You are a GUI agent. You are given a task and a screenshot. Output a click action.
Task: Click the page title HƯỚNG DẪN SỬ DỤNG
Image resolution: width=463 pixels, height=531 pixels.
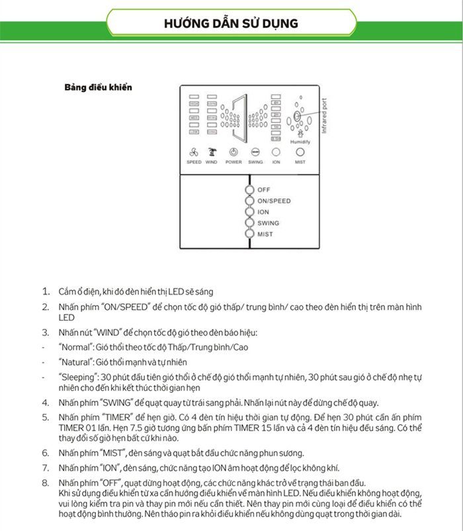pyautogui.click(x=231, y=23)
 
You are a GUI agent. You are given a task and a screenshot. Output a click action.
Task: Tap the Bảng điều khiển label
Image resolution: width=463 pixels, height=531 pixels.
pyautogui.click(x=98, y=87)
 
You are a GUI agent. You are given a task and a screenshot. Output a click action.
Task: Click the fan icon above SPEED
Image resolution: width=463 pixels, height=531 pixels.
pyautogui.click(x=193, y=151)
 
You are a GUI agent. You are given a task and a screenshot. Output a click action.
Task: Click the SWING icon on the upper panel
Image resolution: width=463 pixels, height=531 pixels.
pyautogui.click(x=255, y=151)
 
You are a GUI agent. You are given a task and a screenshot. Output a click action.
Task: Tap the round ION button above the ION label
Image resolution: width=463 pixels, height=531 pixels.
pyautogui.click(x=276, y=151)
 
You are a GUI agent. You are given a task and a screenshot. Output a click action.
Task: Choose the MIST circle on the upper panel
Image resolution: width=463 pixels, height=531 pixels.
pyautogui.click(x=300, y=151)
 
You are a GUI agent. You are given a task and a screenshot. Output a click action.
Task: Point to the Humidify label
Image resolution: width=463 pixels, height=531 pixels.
pyautogui.click(x=300, y=140)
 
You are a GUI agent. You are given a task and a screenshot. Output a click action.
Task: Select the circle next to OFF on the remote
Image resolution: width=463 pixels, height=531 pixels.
pyautogui.click(x=249, y=190)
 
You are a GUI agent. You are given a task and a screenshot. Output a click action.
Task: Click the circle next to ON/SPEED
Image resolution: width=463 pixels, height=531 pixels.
pyautogui.click(x=249, y=200)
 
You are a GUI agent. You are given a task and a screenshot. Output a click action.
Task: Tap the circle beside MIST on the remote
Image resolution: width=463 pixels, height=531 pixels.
pyautogui.click(x=249, y=234)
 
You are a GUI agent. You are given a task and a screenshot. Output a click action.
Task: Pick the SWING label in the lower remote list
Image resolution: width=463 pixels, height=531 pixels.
pyautogui.click(x=269, y=224)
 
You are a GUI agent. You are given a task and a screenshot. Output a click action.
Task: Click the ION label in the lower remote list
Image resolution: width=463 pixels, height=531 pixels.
pyautogui.click(x=263, y=212)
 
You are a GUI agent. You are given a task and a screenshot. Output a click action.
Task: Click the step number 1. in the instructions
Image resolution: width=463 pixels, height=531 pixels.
pyautogui.click(x=46, y=292)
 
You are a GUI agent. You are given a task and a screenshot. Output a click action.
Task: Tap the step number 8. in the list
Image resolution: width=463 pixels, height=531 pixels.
pyautogui.click(x=46, y=482)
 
